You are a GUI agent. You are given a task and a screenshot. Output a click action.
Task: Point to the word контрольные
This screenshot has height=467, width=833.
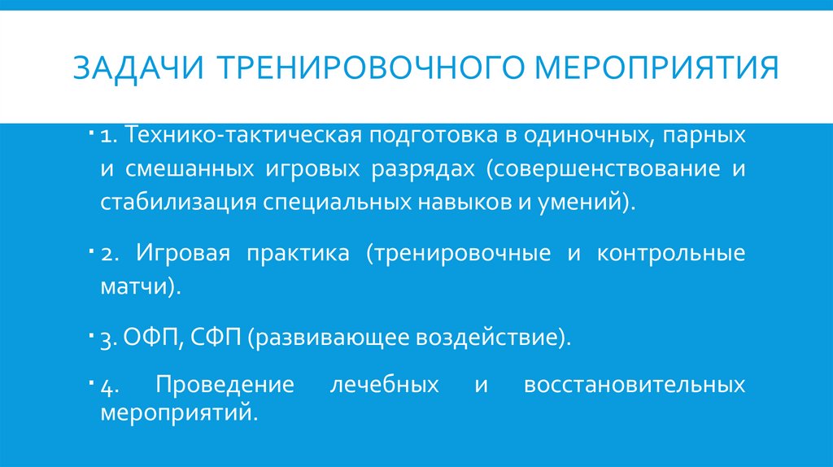(670, 253)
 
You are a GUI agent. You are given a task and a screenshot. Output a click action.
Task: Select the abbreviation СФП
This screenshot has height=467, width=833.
(215, 338)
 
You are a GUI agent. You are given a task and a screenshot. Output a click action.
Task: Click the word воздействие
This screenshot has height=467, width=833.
(493, 338)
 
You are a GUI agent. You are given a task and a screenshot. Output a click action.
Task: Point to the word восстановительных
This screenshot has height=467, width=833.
(635, 384)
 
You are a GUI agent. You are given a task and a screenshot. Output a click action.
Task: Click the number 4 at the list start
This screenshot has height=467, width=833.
(107, 385)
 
